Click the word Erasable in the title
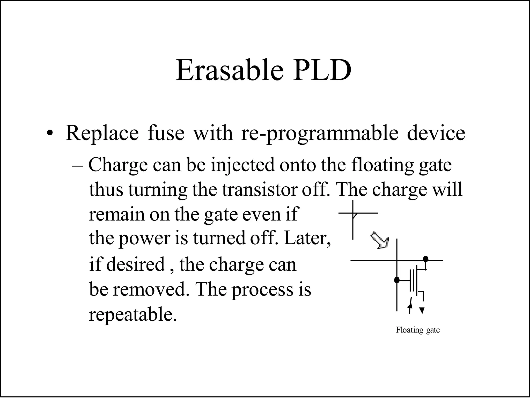(229, 70)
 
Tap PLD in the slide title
(322, 70)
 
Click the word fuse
(166, 133)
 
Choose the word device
(436, 133)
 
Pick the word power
(144, 238)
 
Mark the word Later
(307, 238)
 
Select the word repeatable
(133, 315)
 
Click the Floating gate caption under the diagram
(418, 330)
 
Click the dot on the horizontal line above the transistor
(425, 259)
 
